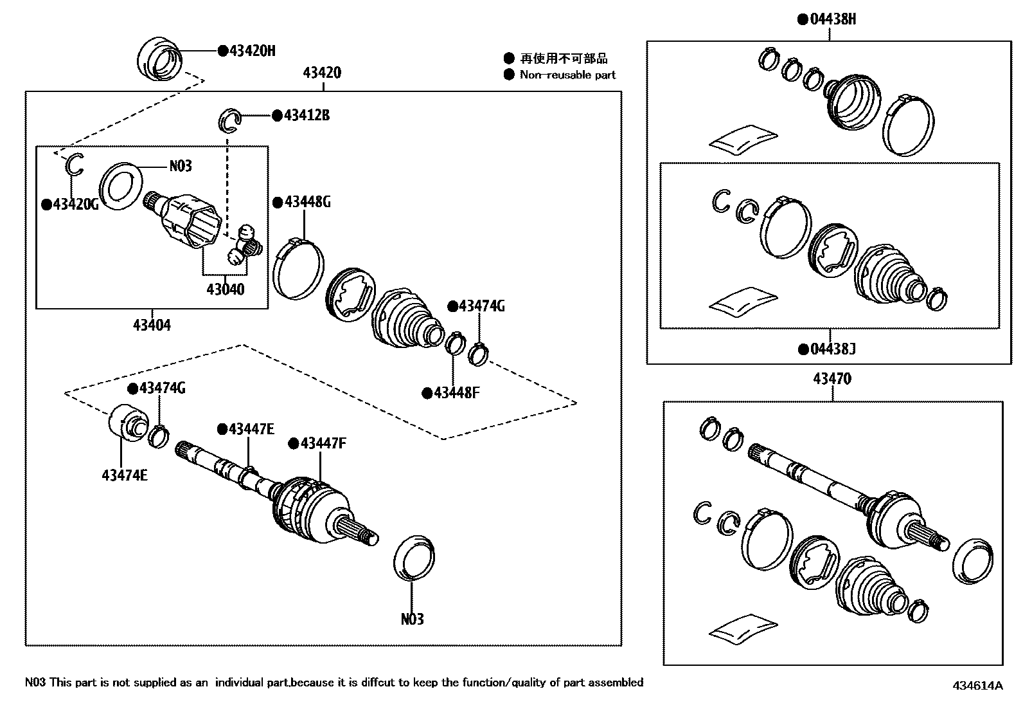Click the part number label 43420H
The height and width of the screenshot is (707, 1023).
251,51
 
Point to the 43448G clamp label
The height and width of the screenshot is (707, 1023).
307,202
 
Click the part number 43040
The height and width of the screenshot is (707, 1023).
225,289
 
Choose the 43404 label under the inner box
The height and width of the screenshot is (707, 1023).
152,325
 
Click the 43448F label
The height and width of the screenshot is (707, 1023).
456,392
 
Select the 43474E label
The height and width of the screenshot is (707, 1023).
124,475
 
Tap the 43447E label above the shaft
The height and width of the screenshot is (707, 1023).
251,428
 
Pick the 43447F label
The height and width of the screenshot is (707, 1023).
322,443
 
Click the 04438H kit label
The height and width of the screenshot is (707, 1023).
832,19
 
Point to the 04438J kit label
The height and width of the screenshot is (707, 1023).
832,349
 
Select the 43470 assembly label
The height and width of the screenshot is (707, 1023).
832,379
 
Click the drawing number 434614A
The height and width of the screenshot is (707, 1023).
977,685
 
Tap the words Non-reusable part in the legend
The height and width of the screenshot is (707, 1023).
567,75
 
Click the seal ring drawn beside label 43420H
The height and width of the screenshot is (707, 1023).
159,60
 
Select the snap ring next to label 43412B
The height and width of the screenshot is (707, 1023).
230,120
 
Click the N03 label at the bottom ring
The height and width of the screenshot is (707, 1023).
412,619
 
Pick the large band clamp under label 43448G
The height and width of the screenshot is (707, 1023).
299,269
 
